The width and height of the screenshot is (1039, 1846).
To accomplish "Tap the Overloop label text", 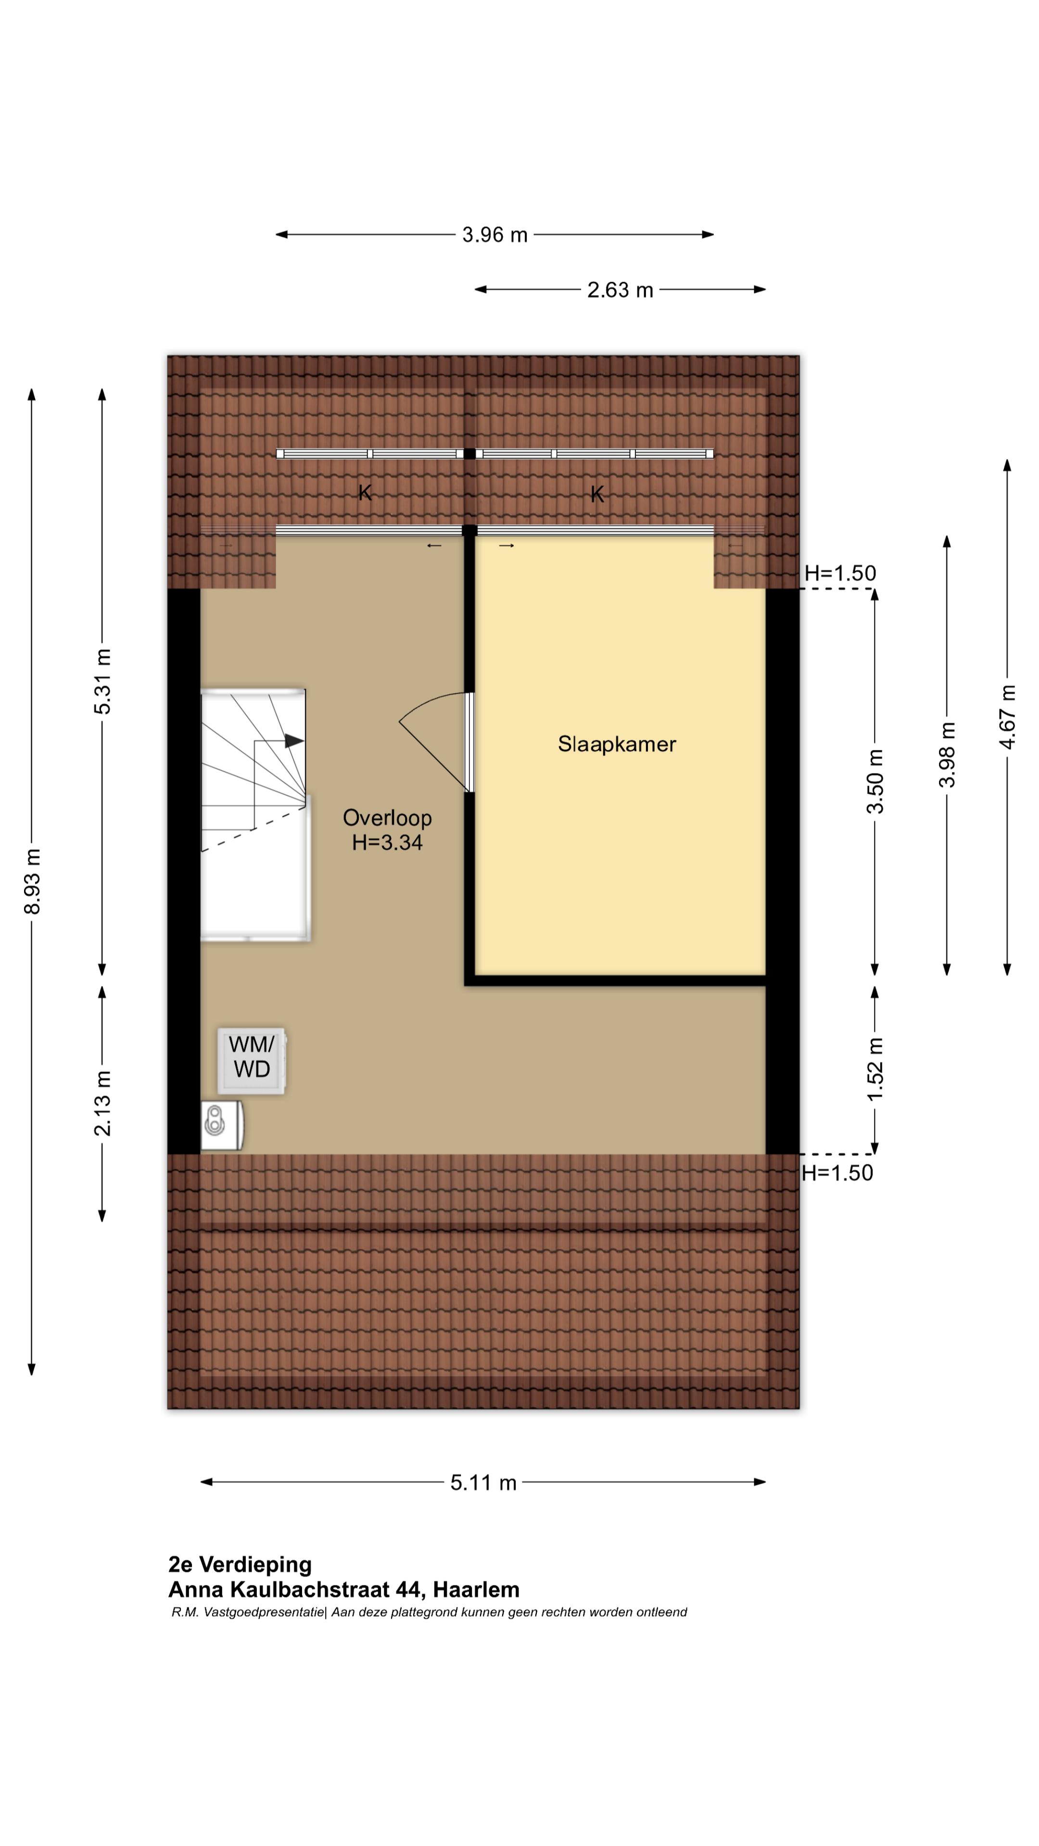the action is [x=387, y=818].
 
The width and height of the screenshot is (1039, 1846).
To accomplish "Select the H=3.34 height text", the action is [x=387, y=843].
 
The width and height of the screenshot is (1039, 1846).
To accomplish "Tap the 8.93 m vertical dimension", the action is [x=32, y=882].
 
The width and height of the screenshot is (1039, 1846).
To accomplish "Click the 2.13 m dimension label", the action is [x=102, y=1104].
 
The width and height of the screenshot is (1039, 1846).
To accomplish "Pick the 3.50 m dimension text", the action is [x=875, y=781].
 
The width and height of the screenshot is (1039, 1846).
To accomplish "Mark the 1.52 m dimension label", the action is [x=875, y=1070].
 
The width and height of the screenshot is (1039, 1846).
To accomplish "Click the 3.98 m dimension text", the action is [x=947, y=755].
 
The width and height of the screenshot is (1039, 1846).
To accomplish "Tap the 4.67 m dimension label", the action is [x=1007, y=717].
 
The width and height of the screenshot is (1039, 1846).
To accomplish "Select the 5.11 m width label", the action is [x=483, y=1483].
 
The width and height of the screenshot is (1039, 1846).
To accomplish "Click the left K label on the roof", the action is [x=365, y=493].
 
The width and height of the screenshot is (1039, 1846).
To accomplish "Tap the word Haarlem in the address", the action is [x=476, y=1590].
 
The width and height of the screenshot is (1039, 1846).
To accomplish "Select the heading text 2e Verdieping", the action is [x=240, y=1564].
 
